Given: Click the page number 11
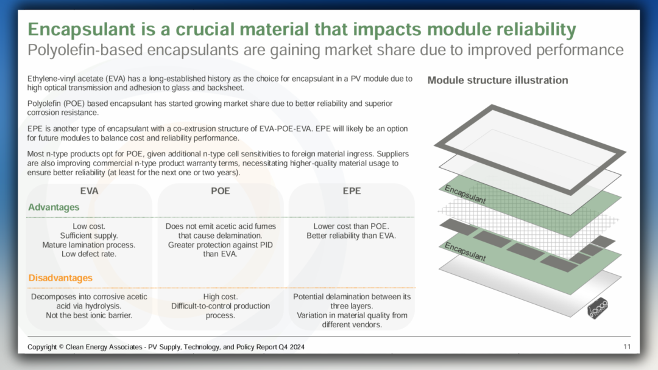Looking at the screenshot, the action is coord(627,346).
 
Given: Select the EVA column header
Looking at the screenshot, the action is coord(89,191).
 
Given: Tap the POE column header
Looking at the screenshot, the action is coord(221,191).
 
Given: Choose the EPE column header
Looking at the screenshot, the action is coord(352,191).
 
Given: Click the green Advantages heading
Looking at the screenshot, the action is coord(54,208).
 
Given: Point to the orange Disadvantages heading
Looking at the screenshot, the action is coord(60,278).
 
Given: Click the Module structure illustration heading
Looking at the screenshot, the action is coord(498,80).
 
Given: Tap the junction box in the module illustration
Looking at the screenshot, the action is coord(598,308).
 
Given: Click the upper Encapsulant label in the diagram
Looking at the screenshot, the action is coord(465,194).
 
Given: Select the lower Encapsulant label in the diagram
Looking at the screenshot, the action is coord(465,252).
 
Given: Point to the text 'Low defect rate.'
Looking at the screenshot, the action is coord(89,254).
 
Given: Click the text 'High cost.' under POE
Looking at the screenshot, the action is coord(221,297).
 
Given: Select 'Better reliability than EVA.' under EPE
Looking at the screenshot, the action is coord(352,236).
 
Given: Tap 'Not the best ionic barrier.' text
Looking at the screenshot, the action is coord(89,315).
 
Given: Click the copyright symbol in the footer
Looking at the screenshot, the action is coord(62,347).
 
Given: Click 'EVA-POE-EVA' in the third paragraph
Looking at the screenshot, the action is coord(286,128).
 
